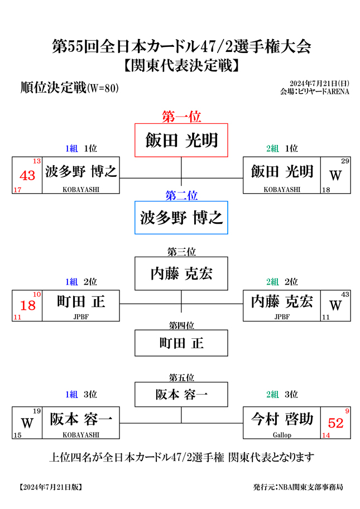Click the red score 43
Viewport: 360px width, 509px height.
[27, 176]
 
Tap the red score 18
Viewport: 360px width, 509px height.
[27, 305]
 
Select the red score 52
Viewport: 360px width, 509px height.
[335, 423]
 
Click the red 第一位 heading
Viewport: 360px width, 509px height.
[181, 117]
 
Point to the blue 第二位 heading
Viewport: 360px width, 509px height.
[181, 195]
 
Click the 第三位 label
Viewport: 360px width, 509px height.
[181, 252]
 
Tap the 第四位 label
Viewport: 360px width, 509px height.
[181, 325]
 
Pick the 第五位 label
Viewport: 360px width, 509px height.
[181, 377]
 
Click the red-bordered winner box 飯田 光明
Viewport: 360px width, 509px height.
[181, 140]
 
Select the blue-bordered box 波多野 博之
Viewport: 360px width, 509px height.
[181, 218]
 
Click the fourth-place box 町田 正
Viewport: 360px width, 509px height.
[181, 343]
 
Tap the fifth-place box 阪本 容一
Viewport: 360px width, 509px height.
[181, 395]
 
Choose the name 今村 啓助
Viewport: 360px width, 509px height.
[282, 419]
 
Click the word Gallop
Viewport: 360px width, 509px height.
[282, 435]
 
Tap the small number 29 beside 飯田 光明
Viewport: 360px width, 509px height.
[345, 161]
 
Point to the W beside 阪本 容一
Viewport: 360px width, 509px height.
[27, 423]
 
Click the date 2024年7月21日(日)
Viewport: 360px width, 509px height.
[319, 84]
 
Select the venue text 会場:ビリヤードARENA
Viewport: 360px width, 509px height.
[315, 92]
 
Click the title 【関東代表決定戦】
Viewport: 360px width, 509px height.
[181, 65]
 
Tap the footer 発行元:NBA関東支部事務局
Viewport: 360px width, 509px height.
[298, 487]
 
